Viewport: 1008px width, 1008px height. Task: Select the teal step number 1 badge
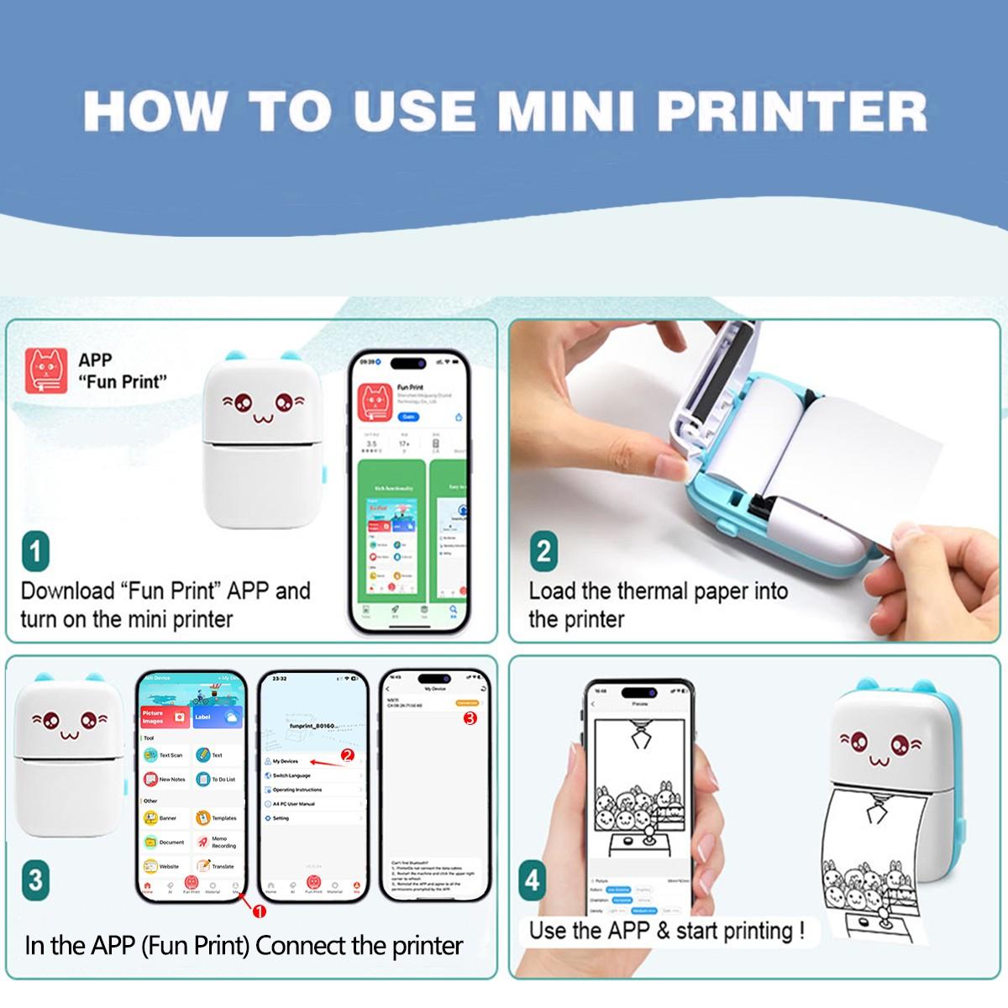click(x=35, y=552)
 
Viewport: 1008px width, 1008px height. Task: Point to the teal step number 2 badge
click(x=543, y=552)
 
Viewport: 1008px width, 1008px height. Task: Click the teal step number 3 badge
click(x=35, y=879)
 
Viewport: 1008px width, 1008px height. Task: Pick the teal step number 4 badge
click(x=533, y=881)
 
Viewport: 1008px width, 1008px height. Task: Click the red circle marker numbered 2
click(x=348, y=755)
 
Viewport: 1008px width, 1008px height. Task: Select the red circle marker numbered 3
click(x=470, y=718)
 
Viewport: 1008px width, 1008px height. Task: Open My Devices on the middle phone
click(x=286, y=761)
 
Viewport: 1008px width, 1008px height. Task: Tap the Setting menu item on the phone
click(x=281, y=818)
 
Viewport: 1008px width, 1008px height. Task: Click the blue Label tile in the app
click(x=217, y=717)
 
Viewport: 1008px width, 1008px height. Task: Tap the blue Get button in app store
click(x=408, y=417)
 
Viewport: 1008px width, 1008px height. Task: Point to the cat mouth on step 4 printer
click(x=879, y=761)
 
